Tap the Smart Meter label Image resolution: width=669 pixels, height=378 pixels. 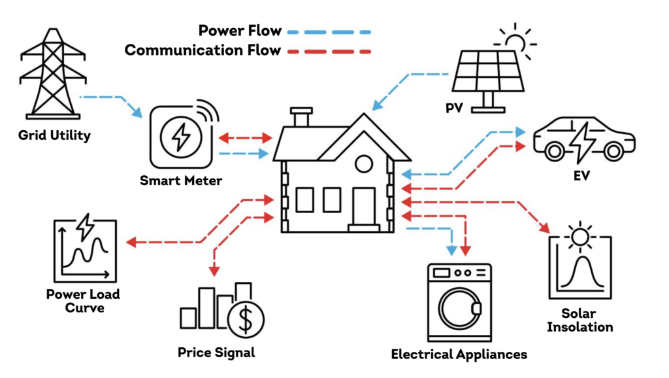181,180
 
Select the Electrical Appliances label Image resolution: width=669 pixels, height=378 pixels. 459,354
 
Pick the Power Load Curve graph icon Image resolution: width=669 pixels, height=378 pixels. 84,249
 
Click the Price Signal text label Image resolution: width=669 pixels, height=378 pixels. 216,352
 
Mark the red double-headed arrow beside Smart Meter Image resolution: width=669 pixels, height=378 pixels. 245,139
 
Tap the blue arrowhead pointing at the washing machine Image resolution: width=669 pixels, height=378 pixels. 451,249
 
